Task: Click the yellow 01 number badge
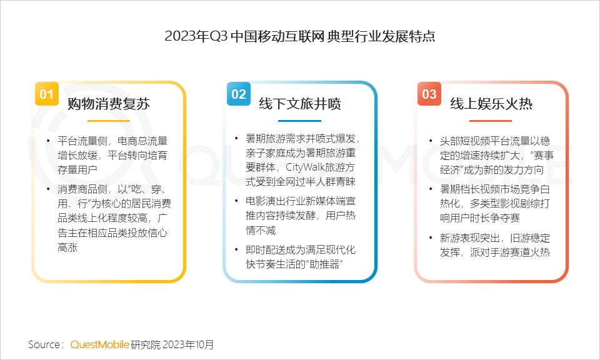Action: (x=46, y=94)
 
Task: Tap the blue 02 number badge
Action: (x=238, y=94)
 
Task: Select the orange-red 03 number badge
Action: (x=429, y=94)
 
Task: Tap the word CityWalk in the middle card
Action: (x=307, y=167)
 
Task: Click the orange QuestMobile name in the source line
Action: (x=99, y=344)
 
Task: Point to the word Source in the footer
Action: (x=44, y=344)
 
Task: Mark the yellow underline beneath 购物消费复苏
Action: (x=109, y=120)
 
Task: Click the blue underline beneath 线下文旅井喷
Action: (x=300, y=120)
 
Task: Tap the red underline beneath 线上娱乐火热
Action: (x=491, y=120)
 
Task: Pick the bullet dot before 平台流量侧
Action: (x=49, y=141)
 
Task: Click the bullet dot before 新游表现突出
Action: (x=431, y=238)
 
